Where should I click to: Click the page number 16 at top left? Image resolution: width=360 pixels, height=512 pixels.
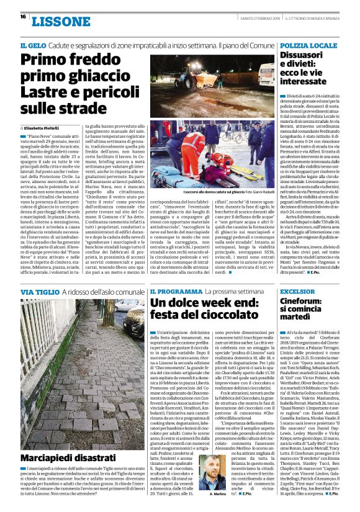pyautogui.click(x=22, y=17)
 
